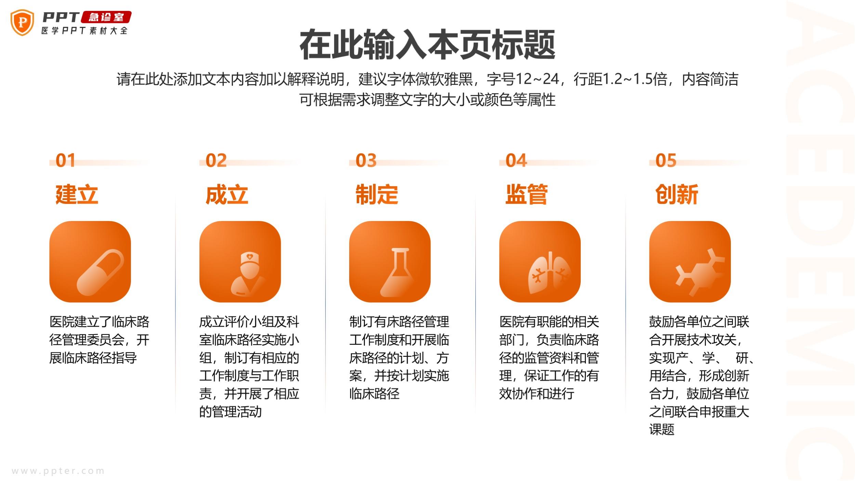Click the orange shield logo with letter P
(x=22, y=23)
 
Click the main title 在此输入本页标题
(x=427, y=44)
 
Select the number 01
(x=65, y=160)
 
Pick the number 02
(x=216, y=160)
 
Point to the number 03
(x=366, y=160)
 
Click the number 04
(x=516, y=160)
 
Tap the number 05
(x=666, y=160)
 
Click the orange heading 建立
(x=77, y=194)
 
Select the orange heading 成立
(x=227, y=194)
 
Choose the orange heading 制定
(x=377, y=194)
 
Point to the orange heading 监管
(x=527, y=194)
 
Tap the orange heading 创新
(x=676, y=194)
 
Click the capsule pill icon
(x=100, y=272)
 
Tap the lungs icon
(x=549, y=273)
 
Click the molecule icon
(x=699, y=272)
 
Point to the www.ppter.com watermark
(x=58, y=471)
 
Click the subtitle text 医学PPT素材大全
(x=84, y=31)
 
